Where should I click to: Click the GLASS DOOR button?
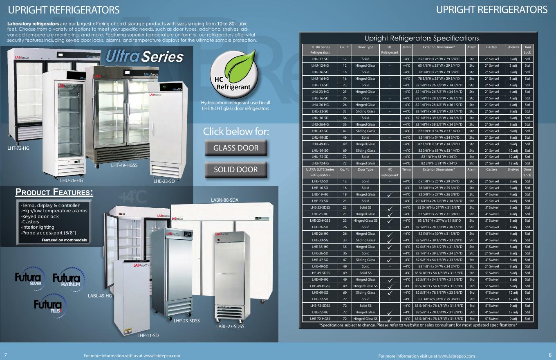pos(236,148)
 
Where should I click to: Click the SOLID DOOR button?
pos(236,170)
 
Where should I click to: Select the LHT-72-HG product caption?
pos(18,148)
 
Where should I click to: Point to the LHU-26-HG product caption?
pos(71,180)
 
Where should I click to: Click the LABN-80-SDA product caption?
pos(224,200)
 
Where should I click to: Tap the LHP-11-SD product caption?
pos(148,335)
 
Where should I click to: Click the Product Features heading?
pos(54,192)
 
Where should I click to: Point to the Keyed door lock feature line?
pos(40,216)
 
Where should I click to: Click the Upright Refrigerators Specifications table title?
pos(421,38)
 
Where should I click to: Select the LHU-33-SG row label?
pos(320,111)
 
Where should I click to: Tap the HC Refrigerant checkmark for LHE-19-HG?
pos(390,195)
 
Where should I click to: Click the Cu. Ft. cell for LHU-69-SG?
pos(345,151)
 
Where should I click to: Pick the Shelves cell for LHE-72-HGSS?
pos(513,319)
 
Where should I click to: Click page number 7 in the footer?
pos(6,355)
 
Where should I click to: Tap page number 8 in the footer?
pos(550,355)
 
